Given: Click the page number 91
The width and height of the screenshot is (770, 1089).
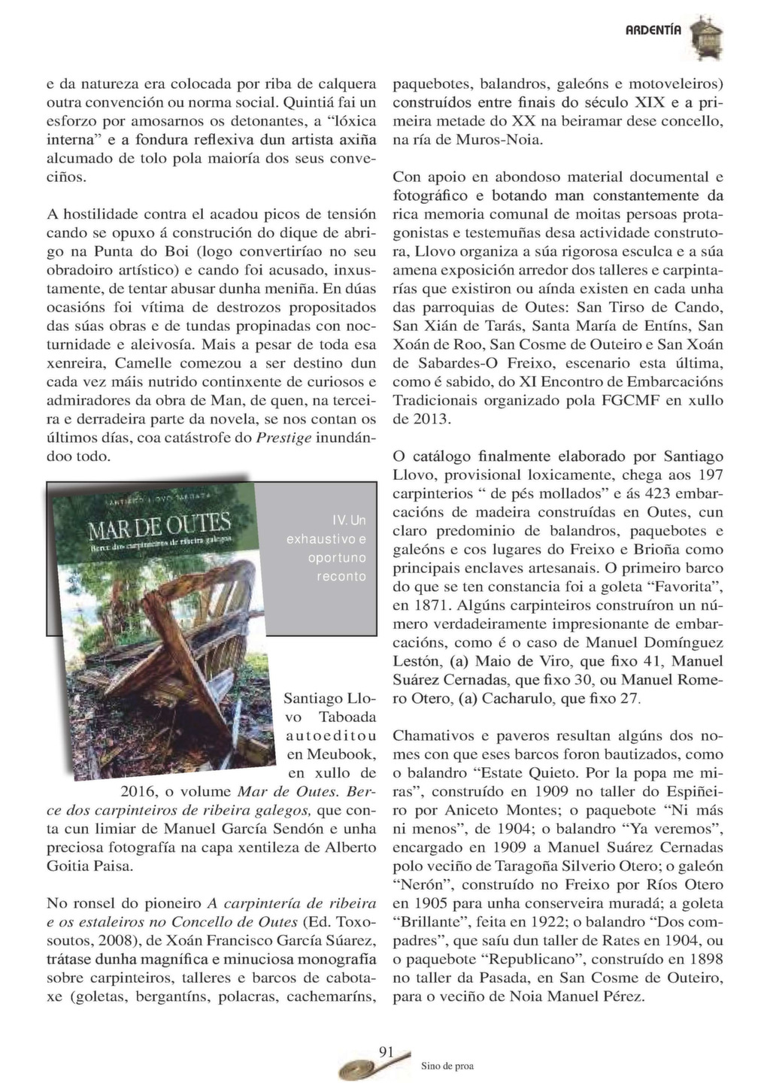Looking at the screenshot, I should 387,1051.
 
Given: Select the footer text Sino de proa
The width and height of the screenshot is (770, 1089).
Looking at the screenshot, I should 444,1066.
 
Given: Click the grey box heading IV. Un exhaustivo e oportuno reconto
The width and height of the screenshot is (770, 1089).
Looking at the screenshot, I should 326,548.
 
